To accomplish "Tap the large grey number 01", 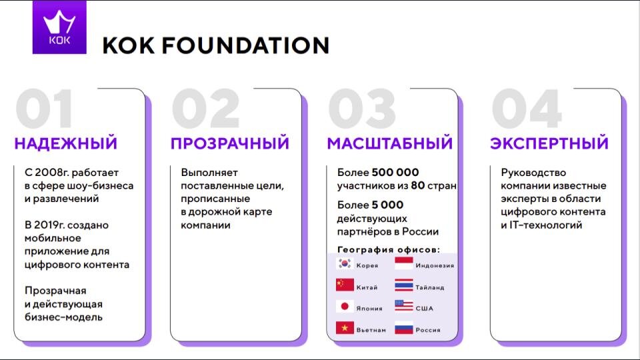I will coord(45,109).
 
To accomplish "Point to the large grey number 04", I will coord(526,109).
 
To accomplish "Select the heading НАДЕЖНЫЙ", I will coord(66,143).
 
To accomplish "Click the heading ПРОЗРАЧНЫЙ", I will coord(230,143).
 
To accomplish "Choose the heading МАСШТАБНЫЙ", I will coord(389,143).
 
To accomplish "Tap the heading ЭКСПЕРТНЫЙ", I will coord(549,143).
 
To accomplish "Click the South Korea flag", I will coord(345,263).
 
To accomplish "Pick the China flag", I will coord(345,285).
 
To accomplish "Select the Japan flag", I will coord(345,307).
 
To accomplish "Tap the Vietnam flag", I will coord(345,328).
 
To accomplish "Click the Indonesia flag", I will coord(404,263).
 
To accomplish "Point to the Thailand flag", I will coord(404,285).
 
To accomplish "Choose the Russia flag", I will coord(404,328).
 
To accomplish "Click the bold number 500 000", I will coord(395,173).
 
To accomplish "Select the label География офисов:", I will coord(389,249).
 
